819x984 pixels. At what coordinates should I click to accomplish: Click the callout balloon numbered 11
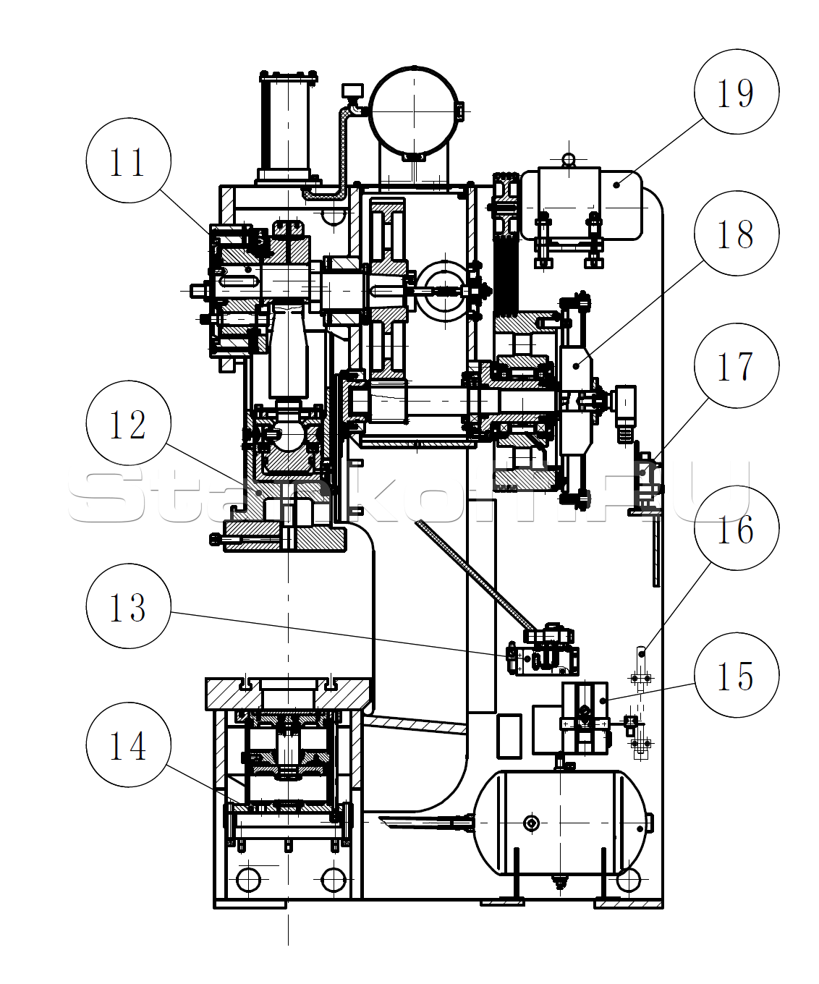tap(128, 161)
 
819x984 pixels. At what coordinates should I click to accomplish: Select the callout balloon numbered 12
tap(128, 423)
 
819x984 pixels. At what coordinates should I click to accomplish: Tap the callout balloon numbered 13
tap(128, 606)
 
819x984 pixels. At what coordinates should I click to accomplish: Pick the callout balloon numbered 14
tap(128, 745)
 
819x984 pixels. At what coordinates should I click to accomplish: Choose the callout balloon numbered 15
tap(737, 675)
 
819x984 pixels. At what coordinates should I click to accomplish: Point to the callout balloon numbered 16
tap(737, 528)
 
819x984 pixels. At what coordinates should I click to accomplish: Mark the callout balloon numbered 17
tap(737, 365)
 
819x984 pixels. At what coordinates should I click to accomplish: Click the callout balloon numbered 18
tap(737, 233)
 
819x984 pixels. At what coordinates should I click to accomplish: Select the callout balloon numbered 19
tap(737, 91)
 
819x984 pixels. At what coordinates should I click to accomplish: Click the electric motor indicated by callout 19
tap(582, 205)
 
